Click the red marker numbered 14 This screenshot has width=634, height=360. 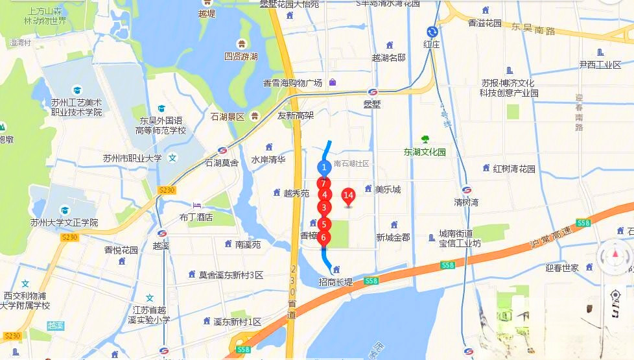tap(348, 195)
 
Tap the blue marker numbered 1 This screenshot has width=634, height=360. tap(323, 167)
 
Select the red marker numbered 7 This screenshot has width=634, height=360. tap(323, 184)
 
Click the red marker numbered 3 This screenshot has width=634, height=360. tap(323, 208)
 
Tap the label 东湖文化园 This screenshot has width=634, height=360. tap(425, 152)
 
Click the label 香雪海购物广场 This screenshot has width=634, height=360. tap(292, 83)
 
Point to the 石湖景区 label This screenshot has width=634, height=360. tap(227, 117)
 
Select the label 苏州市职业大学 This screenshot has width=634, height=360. tap(132, 158)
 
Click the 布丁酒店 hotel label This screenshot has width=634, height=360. tap(196, 217)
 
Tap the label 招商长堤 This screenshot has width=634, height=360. tap(336, 282)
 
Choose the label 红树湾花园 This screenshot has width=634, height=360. tap(514, 169)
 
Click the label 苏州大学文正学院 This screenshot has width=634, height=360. tap(64, 222)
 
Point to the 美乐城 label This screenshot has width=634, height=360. tap(388, 189)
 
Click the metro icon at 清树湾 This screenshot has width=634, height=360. tap(466, 190)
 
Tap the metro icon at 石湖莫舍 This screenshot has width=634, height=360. tap(222, 150)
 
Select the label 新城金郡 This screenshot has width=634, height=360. tap(393, 237)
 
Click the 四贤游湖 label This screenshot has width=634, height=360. tap(241, 56)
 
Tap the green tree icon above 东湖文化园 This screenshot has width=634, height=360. tap(425, 139)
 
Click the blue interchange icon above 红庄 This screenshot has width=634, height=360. tap(432, 31)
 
